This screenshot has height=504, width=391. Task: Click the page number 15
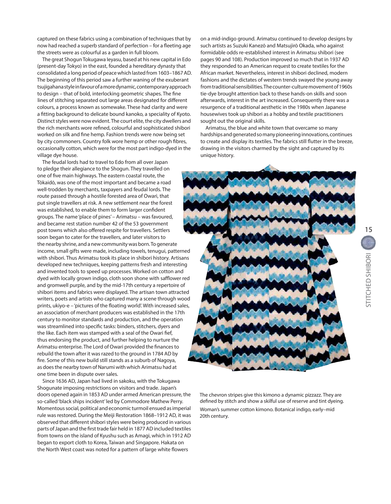tap(368, 229)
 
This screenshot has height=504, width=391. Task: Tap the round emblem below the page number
tap(368, 243)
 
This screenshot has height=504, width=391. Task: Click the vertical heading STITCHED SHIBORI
tap(368, 280)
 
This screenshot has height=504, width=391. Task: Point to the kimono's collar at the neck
tap(270, 168)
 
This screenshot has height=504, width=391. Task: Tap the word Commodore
tap(142, 401)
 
